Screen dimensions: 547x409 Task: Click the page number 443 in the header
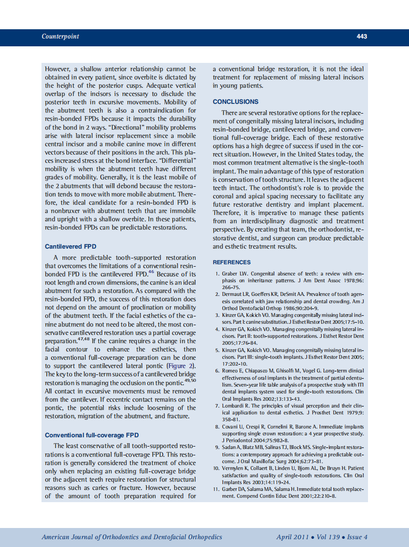pos(362,37)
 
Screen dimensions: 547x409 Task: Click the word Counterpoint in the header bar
pos(60,37)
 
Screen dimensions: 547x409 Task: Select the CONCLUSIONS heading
pos(236,102)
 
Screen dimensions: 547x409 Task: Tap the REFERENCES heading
pos(232,262)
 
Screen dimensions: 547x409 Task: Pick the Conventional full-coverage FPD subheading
pos(92,435)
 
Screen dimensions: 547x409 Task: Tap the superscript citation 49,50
pos(189,380)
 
